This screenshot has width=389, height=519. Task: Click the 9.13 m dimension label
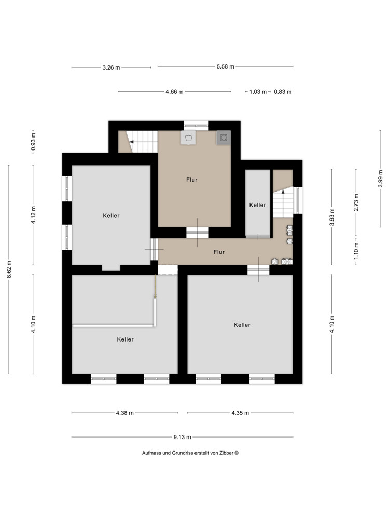(x=182, y=437)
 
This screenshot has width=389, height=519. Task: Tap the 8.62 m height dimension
(x=9, y=269)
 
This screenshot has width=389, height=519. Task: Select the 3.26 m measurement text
(x=111, y=67)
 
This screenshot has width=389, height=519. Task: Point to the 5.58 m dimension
(x=225, y=66)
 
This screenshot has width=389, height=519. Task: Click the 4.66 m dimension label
(x=174, y=92)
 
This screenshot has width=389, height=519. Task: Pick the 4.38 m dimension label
(x=124, y=413)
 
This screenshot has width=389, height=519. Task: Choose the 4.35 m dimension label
(x=240, y=413)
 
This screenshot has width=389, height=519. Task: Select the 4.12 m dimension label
(x=33, y=214)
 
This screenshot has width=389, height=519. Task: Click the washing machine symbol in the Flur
(x=187, y=138)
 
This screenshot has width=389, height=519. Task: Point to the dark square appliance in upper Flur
(x=224, y=138)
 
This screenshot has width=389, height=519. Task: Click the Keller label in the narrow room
(x=257, y=205)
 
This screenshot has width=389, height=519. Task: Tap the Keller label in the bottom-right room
(x=242, y=325)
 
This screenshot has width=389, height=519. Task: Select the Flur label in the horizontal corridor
(x=219, y=252)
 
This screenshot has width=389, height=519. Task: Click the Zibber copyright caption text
(x=190, y=453)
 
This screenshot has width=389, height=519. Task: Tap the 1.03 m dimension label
(x=258, y=92)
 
